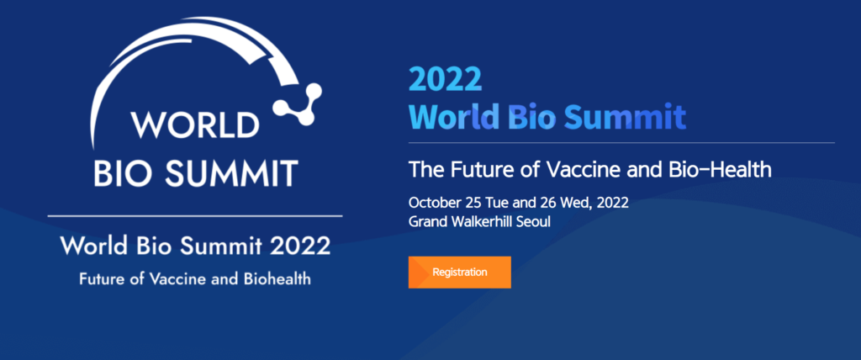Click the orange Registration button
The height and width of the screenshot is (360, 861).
(460, 272)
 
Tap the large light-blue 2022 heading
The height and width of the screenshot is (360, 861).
(446, 79)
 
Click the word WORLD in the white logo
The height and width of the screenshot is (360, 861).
(195, 125)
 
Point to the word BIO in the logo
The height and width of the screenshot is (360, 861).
(126, 172)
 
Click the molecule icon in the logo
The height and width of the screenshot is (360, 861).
(298, 103)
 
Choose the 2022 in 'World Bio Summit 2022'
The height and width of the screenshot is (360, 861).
(300, 246)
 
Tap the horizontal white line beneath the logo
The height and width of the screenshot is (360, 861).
(195, 216)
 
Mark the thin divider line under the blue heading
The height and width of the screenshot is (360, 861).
(621, 142)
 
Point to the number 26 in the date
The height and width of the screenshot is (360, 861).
(551, 203)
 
